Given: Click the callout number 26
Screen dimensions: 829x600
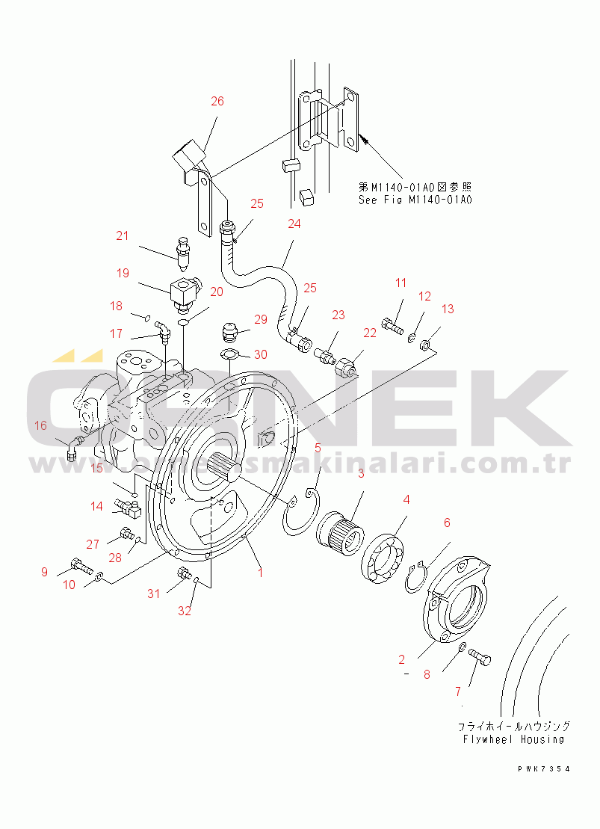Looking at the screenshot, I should pos(217,102).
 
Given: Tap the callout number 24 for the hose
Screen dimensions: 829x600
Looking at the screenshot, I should pos(294,224).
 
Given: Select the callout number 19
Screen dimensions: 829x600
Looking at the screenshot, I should pos(123,274).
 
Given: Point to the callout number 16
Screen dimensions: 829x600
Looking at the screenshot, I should pos(40,425).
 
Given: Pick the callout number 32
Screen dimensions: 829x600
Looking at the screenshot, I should pos(185,611).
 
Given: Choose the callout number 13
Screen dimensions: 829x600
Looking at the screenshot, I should pos(448,309).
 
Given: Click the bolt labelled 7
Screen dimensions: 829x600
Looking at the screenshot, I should pos(480,658).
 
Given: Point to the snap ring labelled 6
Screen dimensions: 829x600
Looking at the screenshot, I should pos(416,576).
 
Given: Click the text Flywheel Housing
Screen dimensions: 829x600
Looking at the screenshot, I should pos(512,739).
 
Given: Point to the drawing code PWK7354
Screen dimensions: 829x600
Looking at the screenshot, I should pos(543,768).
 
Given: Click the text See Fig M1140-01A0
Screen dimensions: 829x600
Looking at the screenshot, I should pos(415,200).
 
